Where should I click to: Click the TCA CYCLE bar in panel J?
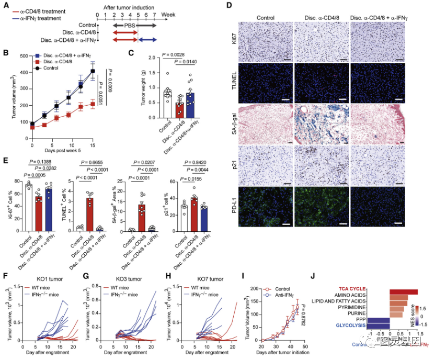(x=403, y=291)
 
